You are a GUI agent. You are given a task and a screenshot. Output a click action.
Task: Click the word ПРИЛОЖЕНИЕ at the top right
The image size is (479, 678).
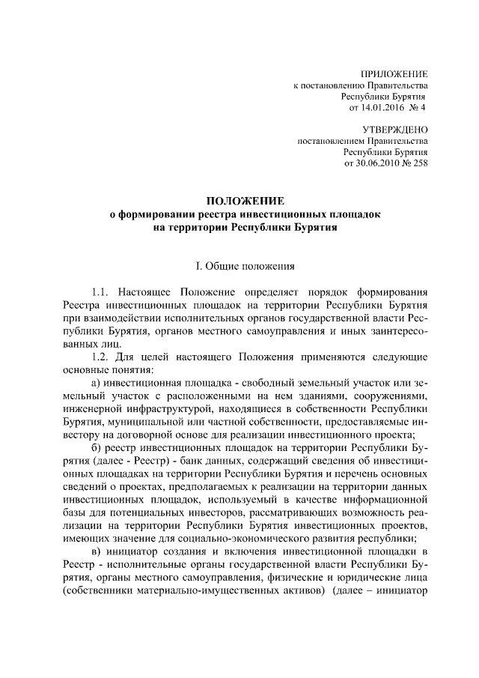pos(394,75)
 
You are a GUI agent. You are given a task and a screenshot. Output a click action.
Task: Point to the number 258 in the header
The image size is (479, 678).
pos(420,163)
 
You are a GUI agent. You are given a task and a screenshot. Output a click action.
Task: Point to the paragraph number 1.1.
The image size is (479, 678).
pos(100,293)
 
